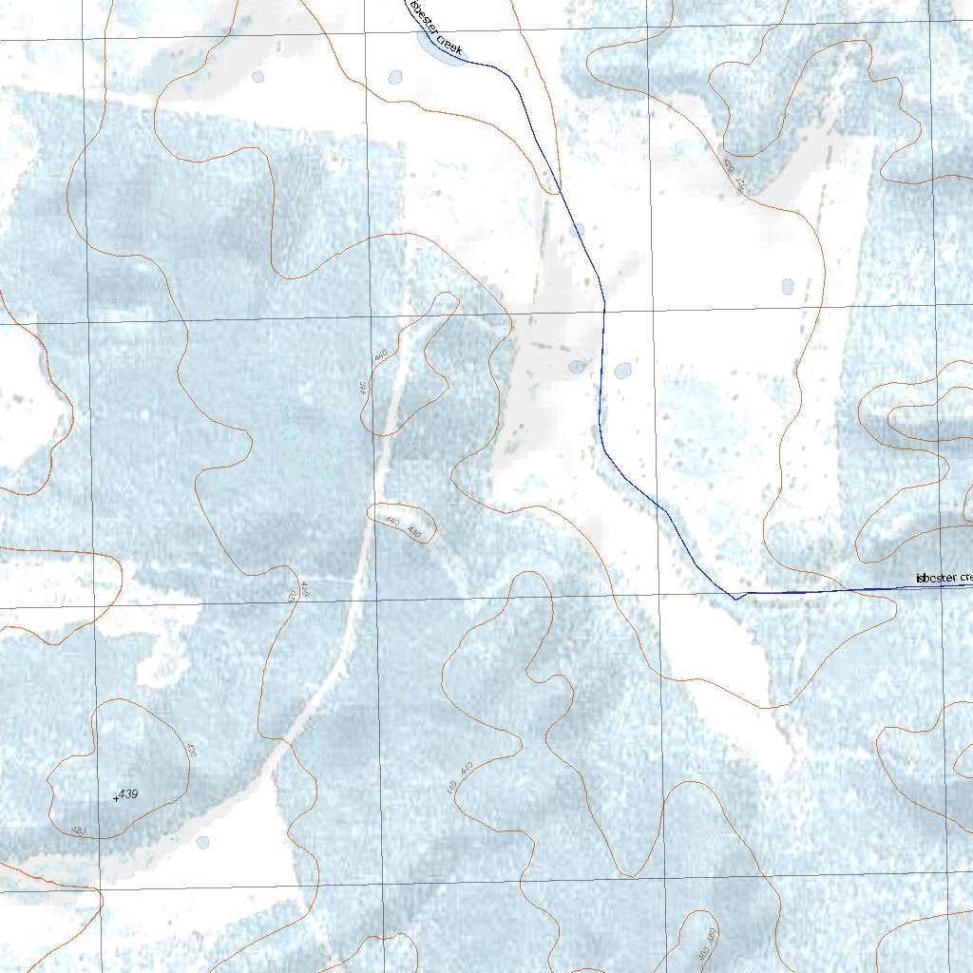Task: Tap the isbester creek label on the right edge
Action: point(944,578)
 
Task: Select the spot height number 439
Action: point(129,793)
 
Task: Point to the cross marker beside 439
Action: point(116,798)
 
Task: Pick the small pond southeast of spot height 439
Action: point(202,842)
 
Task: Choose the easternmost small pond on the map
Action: point(787,286)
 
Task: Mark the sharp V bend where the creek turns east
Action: point(735,599)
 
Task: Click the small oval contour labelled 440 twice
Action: point(402,524)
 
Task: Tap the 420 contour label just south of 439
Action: point(80,830)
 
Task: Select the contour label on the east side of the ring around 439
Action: point(191,751)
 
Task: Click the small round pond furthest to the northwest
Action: point(258,77)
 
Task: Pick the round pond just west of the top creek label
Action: point(395,77)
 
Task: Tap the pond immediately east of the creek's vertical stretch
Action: point(622,371)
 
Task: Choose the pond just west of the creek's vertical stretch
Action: point(577,367)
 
